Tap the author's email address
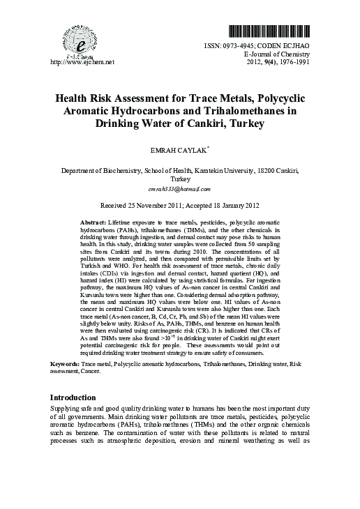tap(179, 188)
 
